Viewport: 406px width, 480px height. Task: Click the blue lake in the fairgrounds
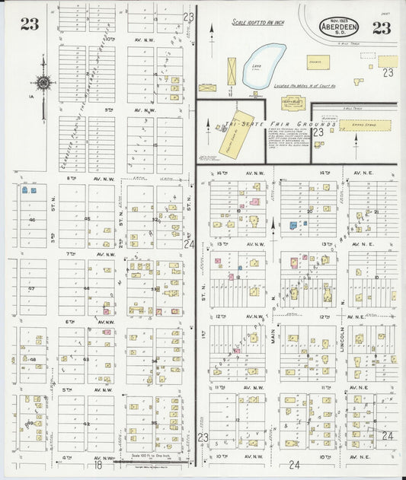[263, 68]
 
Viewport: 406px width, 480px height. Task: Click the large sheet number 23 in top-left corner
[30, 24]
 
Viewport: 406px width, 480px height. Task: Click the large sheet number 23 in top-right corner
[380, 28]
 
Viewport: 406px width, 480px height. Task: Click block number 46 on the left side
[32, 220]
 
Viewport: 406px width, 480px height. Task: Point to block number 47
[31, 289]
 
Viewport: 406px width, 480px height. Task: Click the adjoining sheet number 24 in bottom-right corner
[388, 436]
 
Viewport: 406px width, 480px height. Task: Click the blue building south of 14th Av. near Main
[294, 224]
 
